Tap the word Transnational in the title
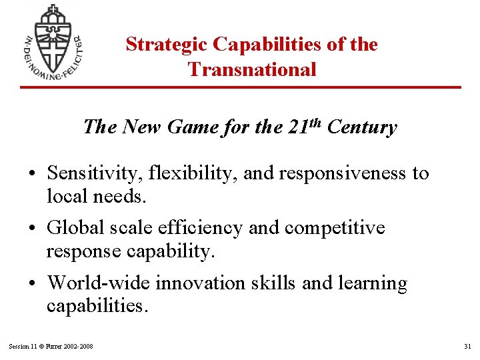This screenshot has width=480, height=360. (252, 69)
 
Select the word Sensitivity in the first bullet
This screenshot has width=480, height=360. (91, 174)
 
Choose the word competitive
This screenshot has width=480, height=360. (335, 228)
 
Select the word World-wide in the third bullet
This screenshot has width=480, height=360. (99, 283)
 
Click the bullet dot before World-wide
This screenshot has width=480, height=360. (33, 284)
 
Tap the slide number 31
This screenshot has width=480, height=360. (467, 346)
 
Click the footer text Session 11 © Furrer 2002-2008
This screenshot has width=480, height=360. (51, 346)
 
